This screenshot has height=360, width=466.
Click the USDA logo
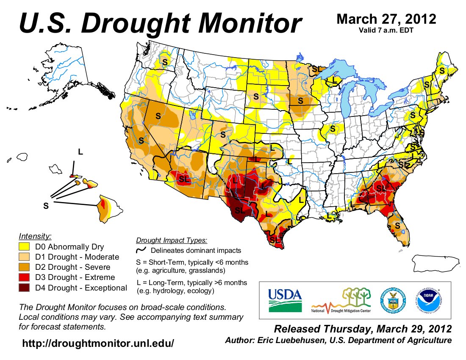coord(284,300)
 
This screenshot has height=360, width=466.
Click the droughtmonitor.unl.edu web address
coord(98,343)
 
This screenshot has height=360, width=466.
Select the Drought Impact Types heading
coord(172,241)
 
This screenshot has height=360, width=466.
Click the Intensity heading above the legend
coord(35,235)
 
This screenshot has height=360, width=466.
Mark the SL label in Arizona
coord(184,180)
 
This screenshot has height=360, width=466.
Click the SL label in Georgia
coord(381,188)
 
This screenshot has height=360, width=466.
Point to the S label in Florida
coord(397,226)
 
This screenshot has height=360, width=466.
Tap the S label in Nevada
coord(158,115)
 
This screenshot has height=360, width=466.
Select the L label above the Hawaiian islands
coord(80,151)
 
